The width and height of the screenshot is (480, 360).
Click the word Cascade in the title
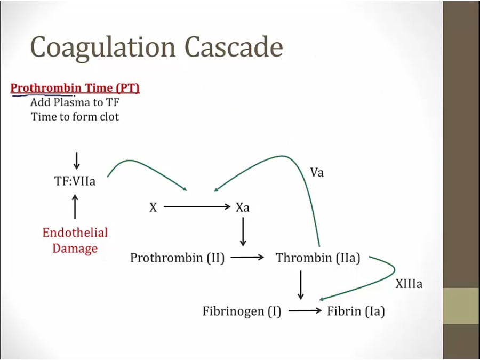point(234,47)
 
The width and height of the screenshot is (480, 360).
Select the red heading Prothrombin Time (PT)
point(75,88)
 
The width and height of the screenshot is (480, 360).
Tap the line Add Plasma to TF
point(75,102)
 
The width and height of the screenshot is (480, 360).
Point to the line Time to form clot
point(75,117)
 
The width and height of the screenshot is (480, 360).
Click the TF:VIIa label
point(75,181)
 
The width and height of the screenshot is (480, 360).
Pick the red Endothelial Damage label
point(75,241)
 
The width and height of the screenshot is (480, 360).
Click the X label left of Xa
point(153,207)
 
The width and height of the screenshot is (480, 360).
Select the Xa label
point(243,207)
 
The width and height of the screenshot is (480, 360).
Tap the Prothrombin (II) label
point(177,258)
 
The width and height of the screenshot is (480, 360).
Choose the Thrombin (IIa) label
point(318,258)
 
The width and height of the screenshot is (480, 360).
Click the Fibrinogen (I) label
point(242,311)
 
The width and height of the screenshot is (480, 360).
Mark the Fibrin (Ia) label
point(356,311)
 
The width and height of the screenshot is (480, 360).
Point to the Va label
point(317,173)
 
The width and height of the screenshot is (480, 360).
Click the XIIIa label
point(409,284)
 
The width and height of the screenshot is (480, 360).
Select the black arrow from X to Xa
point(197,206)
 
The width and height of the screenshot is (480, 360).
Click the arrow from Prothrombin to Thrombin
point(247,258)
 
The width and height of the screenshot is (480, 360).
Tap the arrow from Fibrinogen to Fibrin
point(305,311)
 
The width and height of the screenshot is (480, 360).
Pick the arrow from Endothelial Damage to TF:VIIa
point(75,206)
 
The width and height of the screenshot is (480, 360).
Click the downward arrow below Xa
point(243,232)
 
